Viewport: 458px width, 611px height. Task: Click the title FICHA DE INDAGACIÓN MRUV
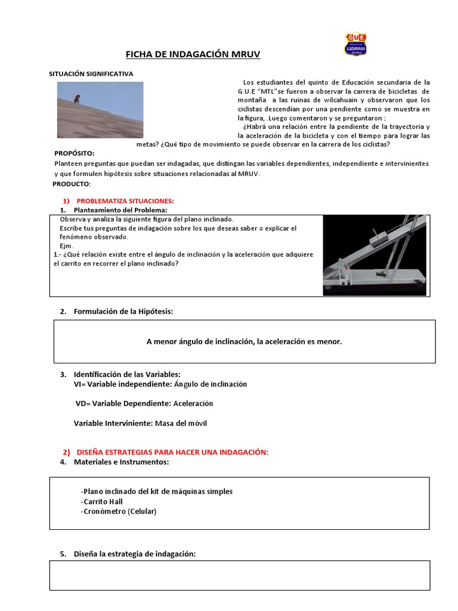point(193,55)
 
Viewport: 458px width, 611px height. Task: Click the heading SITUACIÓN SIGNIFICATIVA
point(91,73)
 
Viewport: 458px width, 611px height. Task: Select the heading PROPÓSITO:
point(75,153)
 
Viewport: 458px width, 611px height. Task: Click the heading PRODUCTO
point(71,184)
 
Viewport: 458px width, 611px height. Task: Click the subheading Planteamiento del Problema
point(120,210)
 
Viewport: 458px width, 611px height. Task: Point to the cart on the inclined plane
point(379,241)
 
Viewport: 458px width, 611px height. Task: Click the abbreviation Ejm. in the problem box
point(67,246)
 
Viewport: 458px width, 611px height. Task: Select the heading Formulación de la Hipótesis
point(123,311)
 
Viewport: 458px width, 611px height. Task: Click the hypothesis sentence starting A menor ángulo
point(245,341)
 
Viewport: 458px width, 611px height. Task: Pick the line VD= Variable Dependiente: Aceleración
point(144,403)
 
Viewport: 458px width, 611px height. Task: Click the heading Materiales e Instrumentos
point(121,462)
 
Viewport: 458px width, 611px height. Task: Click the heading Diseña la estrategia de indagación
point(135,554)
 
